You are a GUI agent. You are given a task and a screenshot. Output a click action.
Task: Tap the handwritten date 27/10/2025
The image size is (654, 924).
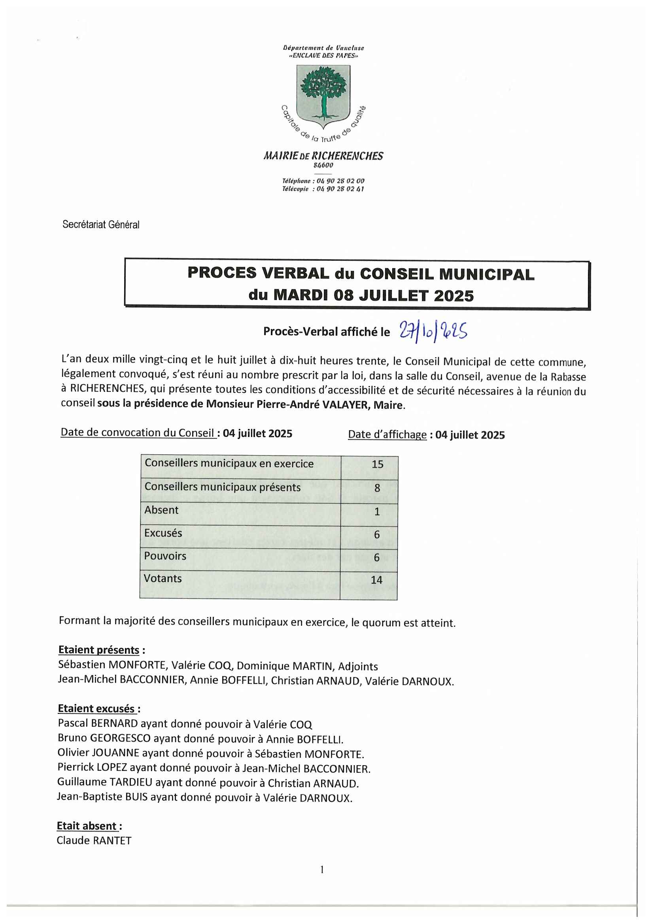(x=433, y=331)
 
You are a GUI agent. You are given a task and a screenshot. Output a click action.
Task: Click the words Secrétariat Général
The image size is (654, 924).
(x=101, y=224)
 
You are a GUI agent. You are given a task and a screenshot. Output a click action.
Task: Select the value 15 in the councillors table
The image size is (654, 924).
(x=377, y=465)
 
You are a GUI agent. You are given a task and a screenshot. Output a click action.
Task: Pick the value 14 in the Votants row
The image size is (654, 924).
(x=376, y=580)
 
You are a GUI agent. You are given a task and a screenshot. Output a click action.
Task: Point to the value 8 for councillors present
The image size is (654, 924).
(x=377, y=488)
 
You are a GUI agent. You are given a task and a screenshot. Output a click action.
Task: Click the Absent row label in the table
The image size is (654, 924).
(x=161, y=510)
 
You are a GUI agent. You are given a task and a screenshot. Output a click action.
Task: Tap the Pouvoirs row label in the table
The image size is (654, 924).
(x=165, y=556)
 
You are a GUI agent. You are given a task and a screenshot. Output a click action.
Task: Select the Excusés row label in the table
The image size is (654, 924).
(x=163, y=533)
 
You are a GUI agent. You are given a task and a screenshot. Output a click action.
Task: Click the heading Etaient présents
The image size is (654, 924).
(x=99, y=649)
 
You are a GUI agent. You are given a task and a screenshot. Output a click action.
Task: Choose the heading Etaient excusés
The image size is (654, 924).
(x=96, y=708)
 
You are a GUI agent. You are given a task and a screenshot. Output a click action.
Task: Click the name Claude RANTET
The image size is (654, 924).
(x=94, y=840)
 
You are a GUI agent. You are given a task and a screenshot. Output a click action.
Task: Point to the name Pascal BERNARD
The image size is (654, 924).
(x=98, y=723)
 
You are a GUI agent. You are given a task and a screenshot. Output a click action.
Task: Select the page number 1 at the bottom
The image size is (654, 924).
(x=322, y=870)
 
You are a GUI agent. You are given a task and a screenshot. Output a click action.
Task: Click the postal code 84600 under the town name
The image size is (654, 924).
(x=323, y=165)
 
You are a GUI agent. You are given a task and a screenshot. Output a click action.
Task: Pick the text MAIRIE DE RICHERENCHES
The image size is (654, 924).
(x=323, y=156)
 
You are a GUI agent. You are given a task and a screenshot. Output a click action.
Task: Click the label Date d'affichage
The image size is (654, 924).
(x=387, y=434)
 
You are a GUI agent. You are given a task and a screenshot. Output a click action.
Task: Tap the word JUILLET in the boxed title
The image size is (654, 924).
(x=393, y=296)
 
